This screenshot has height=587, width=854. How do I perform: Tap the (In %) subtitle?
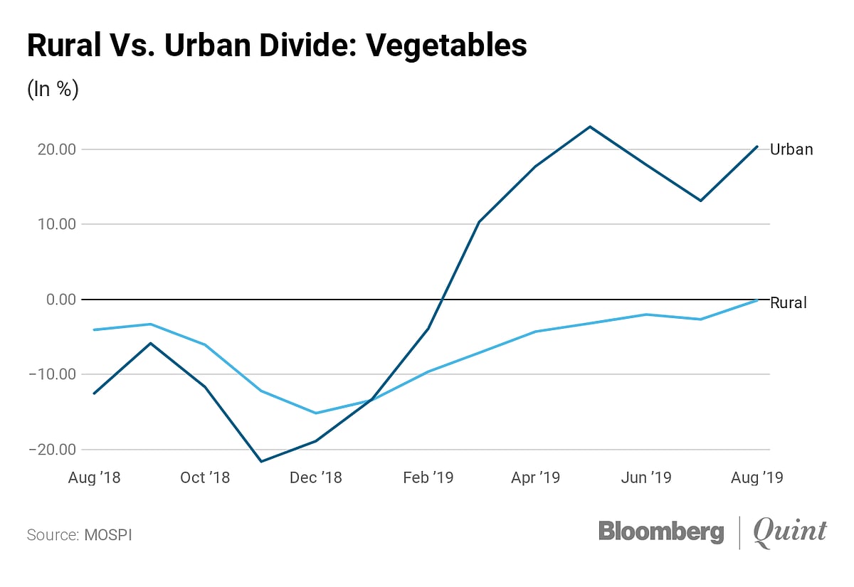53,90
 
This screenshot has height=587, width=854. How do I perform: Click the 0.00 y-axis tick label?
62,300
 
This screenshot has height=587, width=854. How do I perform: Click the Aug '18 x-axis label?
94,477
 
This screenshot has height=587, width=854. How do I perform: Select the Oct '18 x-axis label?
205,477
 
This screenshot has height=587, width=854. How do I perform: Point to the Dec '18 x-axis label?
315,477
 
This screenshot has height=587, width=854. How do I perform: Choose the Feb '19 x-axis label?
427,477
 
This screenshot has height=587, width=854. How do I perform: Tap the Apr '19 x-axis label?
535,477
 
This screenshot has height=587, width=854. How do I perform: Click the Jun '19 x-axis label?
645,477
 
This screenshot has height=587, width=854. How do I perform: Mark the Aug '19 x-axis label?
757,477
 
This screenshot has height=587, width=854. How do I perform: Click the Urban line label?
791,149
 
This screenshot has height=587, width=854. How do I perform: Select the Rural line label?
789,303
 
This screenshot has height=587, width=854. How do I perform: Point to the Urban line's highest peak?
589,127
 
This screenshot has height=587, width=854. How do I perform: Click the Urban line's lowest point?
260,462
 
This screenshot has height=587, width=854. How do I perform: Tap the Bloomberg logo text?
661,532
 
